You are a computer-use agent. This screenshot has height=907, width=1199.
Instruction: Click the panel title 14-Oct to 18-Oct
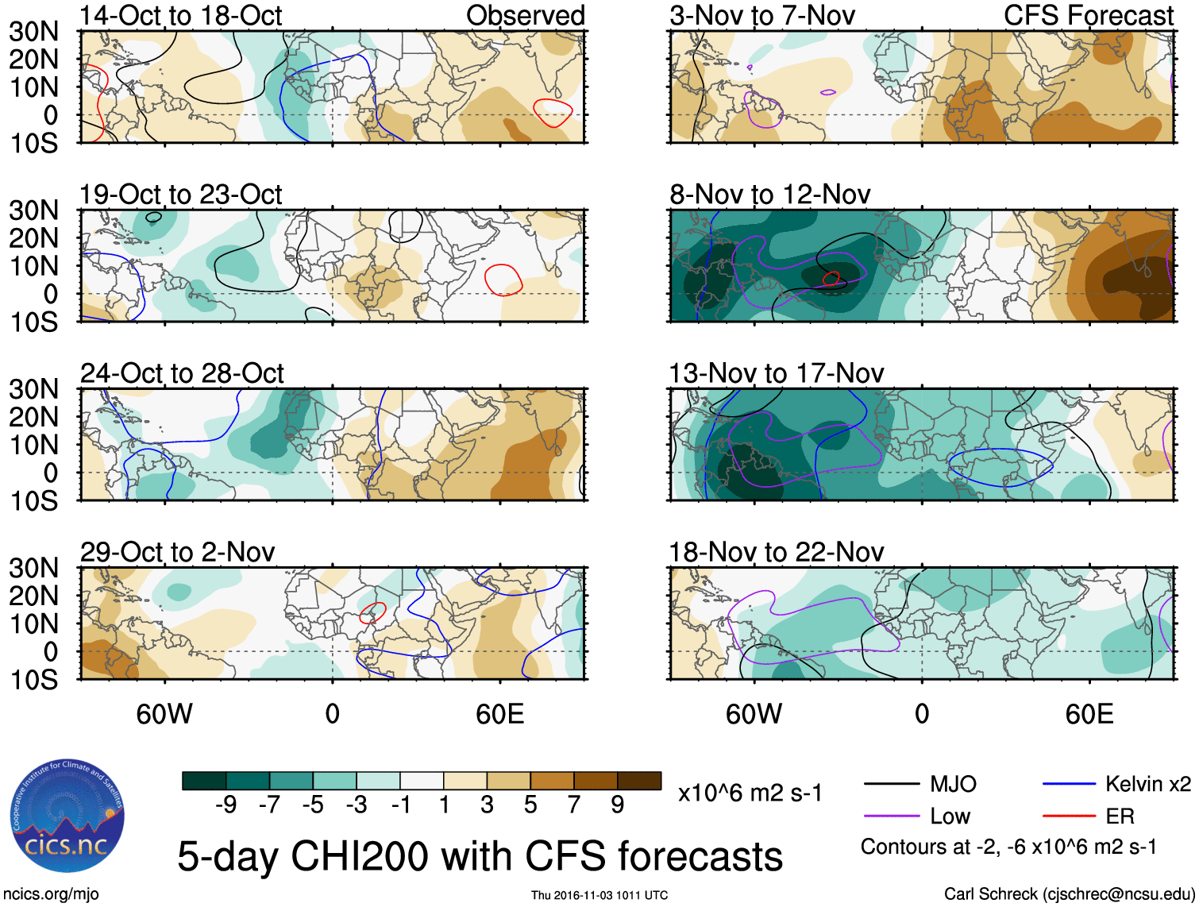[181, 16]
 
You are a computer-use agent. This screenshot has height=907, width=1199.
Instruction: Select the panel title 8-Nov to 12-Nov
[770, 195]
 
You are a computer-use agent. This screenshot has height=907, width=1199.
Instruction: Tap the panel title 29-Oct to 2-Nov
[178, 552]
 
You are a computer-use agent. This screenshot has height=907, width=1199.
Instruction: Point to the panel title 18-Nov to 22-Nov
[777, 552]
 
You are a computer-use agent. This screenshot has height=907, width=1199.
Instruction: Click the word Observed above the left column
[525, 16]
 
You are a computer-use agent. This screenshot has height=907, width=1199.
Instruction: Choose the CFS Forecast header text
[1089, 16]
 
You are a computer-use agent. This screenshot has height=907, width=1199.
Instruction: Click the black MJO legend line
[891, 785]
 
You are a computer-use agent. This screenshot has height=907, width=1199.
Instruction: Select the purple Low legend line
[891, 816]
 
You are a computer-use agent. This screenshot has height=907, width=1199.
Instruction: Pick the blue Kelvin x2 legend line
[1069, 785]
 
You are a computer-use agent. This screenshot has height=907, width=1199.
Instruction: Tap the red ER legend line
[1069, 816]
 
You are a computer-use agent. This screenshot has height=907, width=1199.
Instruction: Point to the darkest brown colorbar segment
[639, 781]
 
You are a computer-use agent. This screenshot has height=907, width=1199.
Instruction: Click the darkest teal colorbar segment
[204, 781]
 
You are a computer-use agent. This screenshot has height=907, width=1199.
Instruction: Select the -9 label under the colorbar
[226, 805]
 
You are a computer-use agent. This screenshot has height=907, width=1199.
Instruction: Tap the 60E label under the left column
[499, 714]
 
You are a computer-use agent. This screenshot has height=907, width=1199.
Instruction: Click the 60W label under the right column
[754, 714]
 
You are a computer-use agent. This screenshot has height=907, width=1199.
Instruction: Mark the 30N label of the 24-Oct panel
[33, 389]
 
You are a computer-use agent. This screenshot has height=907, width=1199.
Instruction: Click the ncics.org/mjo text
[51, 894]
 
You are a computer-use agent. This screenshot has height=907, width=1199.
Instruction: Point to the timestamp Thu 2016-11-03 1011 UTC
[599, 896]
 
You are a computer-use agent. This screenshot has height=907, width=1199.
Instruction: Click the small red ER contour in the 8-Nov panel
[831, 278]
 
